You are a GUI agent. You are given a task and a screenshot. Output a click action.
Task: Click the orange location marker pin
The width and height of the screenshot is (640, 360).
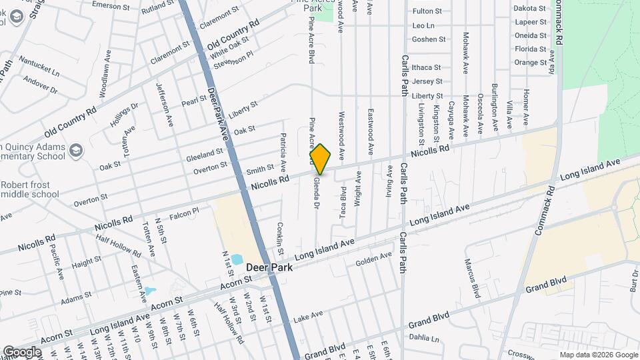(321, 159)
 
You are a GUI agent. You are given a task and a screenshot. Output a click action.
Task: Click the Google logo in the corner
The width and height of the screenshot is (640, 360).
(22, 352)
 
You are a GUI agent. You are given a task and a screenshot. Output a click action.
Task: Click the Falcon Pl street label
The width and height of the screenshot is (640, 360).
(185, 212)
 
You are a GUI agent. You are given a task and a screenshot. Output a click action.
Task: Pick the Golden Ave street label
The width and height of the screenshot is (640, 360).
(373, 258)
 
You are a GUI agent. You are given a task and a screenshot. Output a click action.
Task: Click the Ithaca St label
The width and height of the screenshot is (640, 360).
(427, 67)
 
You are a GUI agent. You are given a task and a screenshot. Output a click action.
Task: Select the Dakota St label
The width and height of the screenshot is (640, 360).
(530, 9)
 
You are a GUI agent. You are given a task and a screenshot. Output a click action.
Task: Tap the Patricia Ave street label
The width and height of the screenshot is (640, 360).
(283, 154)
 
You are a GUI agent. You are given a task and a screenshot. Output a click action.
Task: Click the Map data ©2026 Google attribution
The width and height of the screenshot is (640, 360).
(598, 355)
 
